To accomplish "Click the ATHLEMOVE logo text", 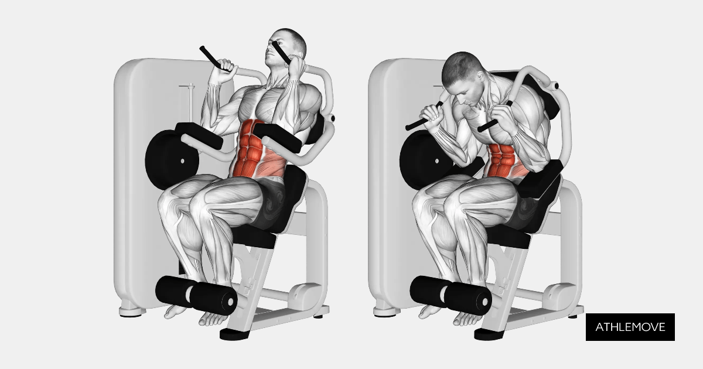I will [630, 327].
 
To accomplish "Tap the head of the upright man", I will [286, 47].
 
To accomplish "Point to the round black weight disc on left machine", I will [170, 158].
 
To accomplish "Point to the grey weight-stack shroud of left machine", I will [135, 193].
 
